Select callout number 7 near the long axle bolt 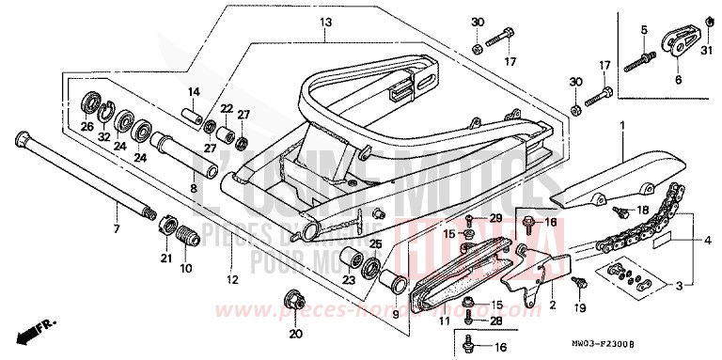(x=117, y=228)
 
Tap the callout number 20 (x=293, y=333)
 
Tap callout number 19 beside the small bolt (x=580, y=306)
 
